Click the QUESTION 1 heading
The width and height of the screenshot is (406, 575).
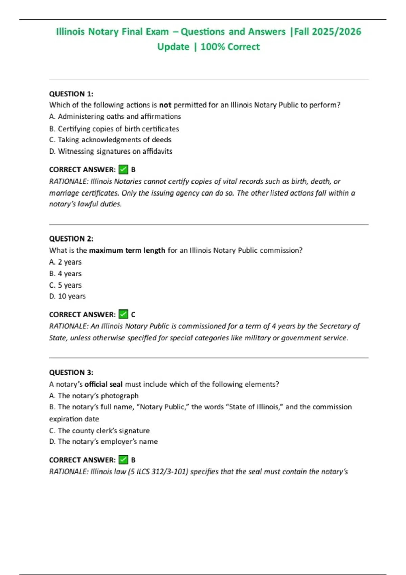pos(71,94)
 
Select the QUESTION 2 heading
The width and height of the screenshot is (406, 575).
pos(71,238)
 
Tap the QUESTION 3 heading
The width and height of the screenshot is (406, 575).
pos(71,372)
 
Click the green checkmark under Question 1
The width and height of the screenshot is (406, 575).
pos(123,169)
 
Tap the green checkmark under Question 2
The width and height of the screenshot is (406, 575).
pos(123,314)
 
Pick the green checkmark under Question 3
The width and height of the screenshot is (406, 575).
pos(123,460)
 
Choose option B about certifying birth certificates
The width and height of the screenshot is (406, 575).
pos(114,129)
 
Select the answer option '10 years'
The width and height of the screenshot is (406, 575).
pos(67,296)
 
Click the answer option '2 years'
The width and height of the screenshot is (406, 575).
pos(65,262)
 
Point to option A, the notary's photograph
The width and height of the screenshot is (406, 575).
pos(94,395)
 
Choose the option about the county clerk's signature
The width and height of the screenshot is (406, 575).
pos(99,430)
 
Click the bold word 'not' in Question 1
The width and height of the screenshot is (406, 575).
pos(165,105)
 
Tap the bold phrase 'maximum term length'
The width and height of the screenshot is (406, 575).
pos(127,250)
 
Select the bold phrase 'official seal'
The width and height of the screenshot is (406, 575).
pos(104,384)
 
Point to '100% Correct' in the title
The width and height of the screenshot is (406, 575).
pos(230,47)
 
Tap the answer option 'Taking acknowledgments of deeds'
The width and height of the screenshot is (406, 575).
pos(110,140)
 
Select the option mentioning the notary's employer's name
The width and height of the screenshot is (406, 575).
pos(103,441)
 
